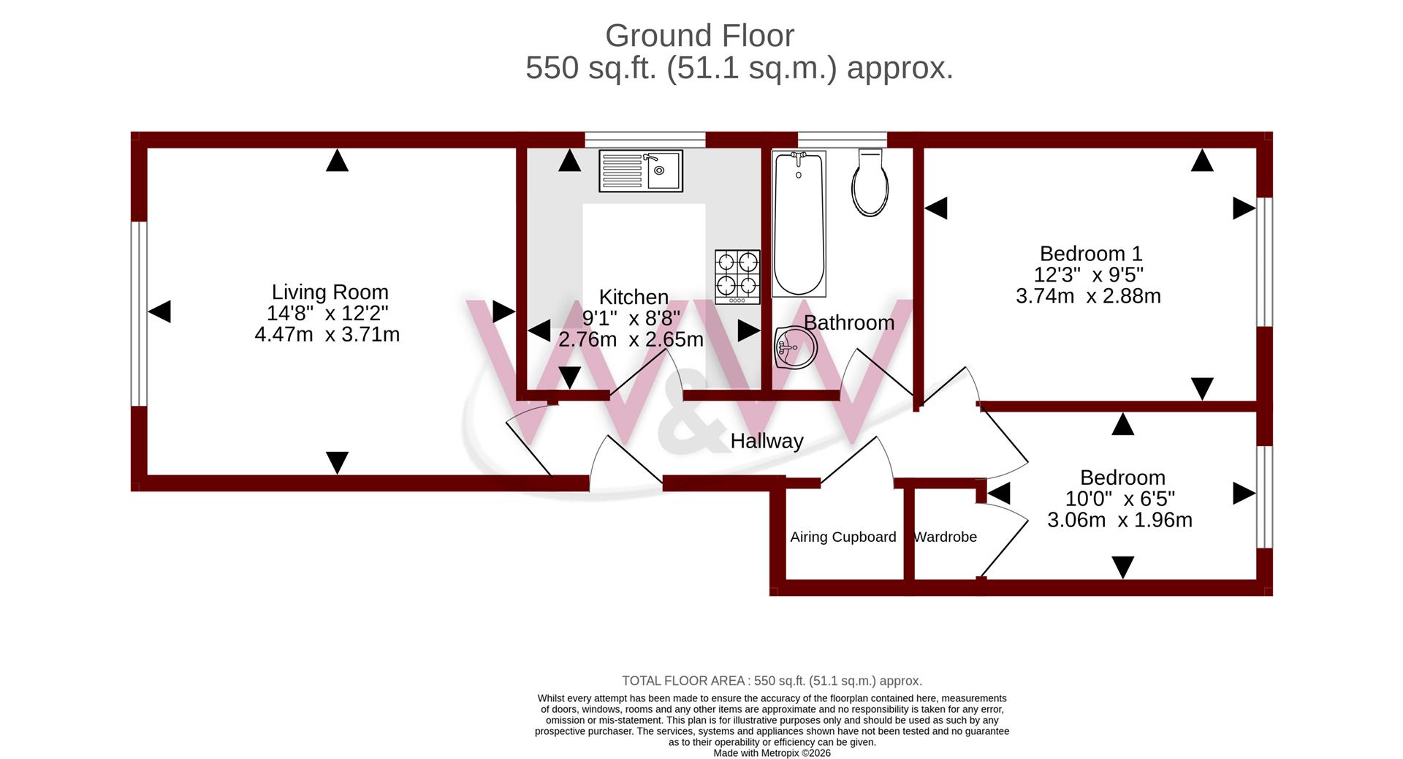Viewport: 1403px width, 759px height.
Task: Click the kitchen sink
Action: [641, 171]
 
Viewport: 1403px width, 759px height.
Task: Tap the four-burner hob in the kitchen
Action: [737, 277]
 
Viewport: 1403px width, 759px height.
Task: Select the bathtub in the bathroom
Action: [799, 224]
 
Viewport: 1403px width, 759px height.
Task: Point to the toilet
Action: [870, 183]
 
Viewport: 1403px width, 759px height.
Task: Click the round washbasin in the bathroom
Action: [796, 347]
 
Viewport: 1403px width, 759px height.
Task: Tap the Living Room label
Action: [330, 292]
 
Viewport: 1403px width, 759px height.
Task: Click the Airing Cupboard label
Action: [843, 537]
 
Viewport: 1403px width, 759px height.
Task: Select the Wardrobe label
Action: [946, 537]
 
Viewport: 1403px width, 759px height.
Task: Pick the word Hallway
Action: [767, 441]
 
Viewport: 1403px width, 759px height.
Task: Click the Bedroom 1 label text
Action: [1091, 254]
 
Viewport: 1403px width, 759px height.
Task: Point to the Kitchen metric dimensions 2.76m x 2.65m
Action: [631, 339]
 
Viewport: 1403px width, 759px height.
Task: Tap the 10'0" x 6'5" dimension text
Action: [1120, 499]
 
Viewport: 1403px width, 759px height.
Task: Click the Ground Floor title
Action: [699, 35]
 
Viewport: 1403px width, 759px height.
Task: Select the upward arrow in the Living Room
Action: [337, 160]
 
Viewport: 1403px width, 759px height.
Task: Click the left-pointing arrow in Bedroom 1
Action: [936, 208]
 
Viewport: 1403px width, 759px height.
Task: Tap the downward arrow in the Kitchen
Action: [569, 377]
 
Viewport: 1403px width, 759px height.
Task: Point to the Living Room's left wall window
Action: [139, 314]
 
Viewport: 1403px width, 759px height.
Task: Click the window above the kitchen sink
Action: [645, 140]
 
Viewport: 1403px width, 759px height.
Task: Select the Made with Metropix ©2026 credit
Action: [772, 753]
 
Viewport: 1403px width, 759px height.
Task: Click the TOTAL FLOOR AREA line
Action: [772, 681]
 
